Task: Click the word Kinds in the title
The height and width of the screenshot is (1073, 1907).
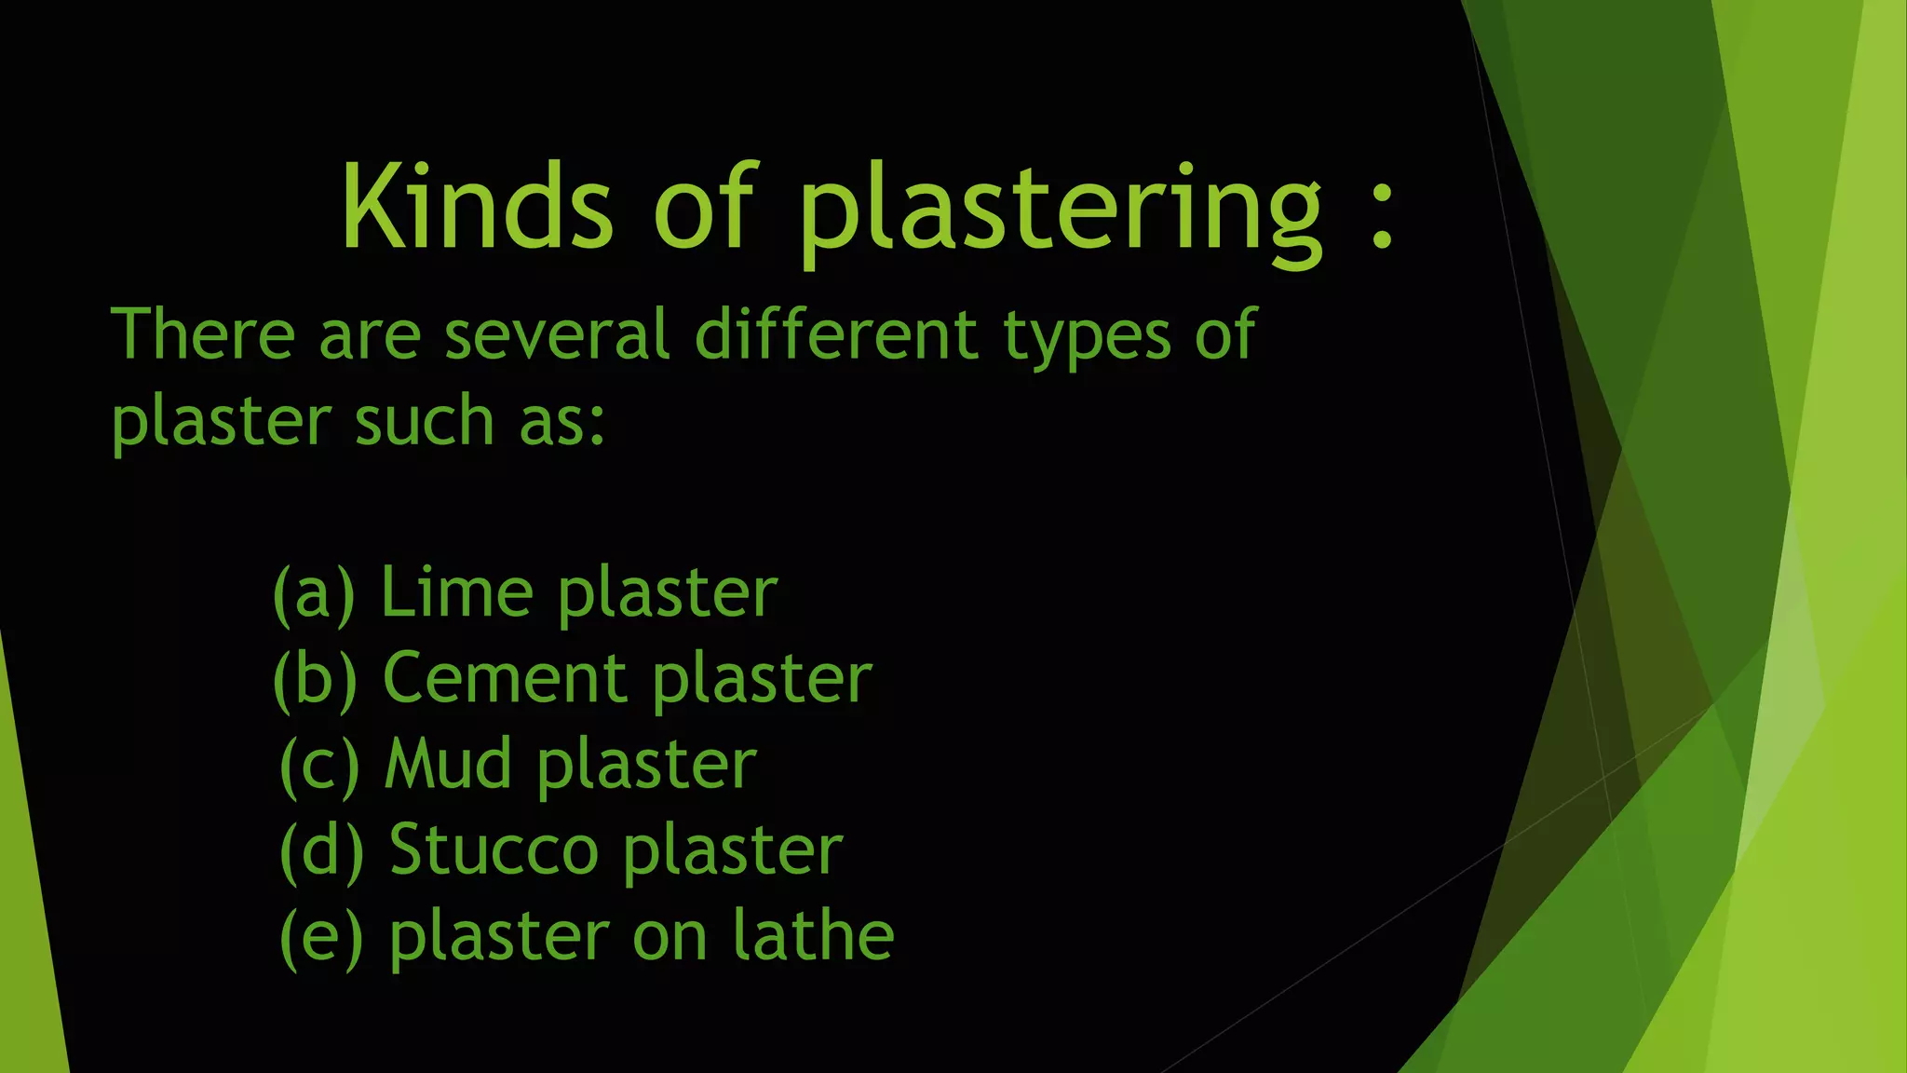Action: [x=477, y=206]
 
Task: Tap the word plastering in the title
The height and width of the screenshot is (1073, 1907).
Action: [x=1059, y=210]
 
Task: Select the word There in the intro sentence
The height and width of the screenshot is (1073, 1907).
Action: [x=203, y=334]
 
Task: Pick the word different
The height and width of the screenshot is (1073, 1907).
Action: [x=836, y=334]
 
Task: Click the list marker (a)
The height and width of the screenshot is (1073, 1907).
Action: [x=314, y=593]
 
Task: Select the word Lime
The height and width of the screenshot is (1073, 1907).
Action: [x=456, y=591]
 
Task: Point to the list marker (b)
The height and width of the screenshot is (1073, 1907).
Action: [x=316, y=679]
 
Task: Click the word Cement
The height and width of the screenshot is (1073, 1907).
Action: [x=504, y=678]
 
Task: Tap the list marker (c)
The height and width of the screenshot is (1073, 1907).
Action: [x=319, y=765]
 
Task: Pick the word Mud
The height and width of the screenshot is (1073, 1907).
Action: [x=448, y=764]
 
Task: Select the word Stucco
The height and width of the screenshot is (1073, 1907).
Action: [x=494, y=849]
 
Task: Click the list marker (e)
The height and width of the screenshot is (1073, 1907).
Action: [x=321, y=936]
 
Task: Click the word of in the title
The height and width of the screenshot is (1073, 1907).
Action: [x=704, y=206]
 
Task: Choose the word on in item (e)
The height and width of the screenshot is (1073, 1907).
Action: [x=669, y=937]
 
